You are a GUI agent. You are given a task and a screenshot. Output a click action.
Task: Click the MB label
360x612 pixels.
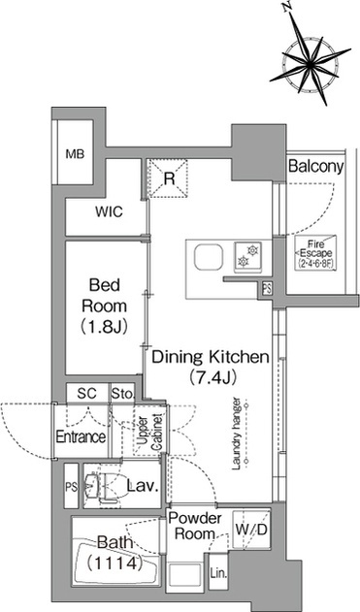(75, 154)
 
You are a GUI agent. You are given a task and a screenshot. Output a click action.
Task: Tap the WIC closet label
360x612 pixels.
(109, 212)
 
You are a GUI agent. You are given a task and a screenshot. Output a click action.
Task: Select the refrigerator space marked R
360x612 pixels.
(167, 178)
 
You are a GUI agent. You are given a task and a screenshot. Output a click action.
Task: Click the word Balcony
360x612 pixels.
(316, 166)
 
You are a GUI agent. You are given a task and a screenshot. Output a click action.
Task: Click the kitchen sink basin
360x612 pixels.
(210, 257)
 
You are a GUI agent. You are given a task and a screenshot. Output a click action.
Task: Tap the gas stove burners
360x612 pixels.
(248, 256)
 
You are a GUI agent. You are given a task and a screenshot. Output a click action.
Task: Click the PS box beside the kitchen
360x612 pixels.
(267, 289)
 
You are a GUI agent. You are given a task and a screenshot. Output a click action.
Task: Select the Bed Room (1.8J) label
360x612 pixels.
(104, 306)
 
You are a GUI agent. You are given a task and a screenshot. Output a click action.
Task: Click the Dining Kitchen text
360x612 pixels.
(211, 357)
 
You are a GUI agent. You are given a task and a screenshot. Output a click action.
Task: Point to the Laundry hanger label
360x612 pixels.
(236, 434)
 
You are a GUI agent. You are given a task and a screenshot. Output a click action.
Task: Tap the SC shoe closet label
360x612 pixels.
(86, 394)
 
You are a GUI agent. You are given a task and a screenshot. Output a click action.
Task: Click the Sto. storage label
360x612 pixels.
(122, 394)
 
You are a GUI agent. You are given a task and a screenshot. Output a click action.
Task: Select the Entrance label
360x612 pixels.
(81, 436)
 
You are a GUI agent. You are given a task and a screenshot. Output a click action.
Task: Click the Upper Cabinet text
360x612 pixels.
(150, 432)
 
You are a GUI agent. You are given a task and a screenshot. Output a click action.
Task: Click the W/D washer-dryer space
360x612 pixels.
(251, 530)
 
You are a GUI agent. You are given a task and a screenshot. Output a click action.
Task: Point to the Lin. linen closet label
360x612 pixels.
(218, 574)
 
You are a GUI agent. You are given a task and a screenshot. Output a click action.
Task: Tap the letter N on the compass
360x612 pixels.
(287, 6)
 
